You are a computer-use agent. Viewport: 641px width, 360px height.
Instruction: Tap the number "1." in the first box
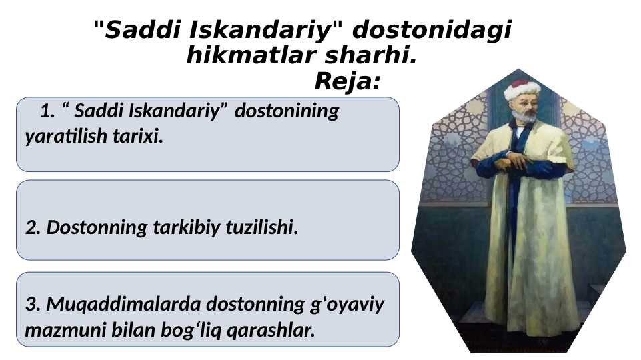[x=48, y=111]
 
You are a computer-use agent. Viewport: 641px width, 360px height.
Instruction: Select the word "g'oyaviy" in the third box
[x=344, y=305]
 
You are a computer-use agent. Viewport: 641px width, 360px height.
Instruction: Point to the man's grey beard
[x=523, y=117]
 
